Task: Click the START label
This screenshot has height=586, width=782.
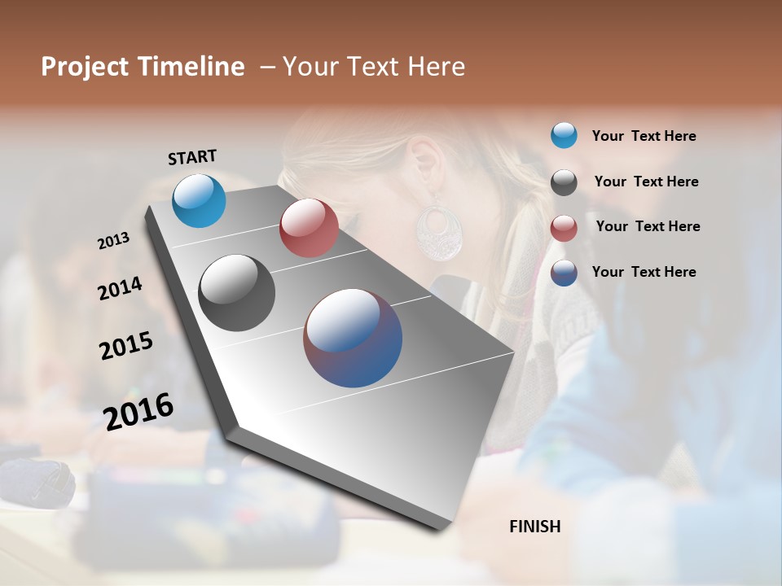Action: coord(192,157)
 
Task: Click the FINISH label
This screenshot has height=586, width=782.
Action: coord(534,527)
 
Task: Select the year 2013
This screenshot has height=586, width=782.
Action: coord(114,241)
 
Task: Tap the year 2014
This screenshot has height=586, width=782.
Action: coord(121,289)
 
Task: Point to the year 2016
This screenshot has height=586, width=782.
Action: coord(138,411)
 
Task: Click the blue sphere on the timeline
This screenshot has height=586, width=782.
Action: coord(199,200)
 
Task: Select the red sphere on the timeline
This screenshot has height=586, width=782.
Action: coord(309,228)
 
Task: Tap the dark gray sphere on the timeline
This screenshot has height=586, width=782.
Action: coord(236,293)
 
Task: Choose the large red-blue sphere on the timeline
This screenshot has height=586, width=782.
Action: coord(353,338)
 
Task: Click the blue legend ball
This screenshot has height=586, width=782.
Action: coord(564,135)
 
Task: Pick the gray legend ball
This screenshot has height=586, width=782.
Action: coord(564,182)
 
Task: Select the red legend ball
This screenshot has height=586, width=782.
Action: coord(564,228)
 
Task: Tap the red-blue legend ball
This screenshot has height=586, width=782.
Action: coord(564,273)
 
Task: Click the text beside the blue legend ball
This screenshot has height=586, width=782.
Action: coord(644,136)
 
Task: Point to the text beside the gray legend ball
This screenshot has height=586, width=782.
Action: coord(646,181)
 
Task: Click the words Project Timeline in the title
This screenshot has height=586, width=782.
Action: coord(143,67)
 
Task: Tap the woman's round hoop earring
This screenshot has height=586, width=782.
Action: coord(438,231)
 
